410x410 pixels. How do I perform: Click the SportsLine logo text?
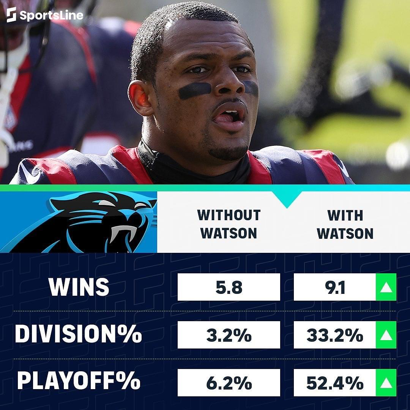pos(50,15)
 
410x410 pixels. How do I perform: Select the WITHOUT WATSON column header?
pos(229,224)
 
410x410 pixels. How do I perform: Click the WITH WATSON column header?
pos(345,224)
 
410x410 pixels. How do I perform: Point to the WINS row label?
pos(79,287)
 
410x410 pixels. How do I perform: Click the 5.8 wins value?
pos(229,287)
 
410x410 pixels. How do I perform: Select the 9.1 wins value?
pos(335,287)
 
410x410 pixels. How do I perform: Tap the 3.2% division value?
pos(229,335)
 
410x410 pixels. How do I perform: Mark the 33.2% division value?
pos(335,335)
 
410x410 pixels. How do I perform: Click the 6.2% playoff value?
pos(229,383)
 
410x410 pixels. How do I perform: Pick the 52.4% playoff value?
pos(335,383)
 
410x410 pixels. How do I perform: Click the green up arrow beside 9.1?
pos(386,287)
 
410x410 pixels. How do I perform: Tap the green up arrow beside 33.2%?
pos(386,335)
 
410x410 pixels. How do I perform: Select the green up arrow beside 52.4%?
pos(386,383)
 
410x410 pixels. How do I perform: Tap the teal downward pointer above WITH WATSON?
pos(287,199)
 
